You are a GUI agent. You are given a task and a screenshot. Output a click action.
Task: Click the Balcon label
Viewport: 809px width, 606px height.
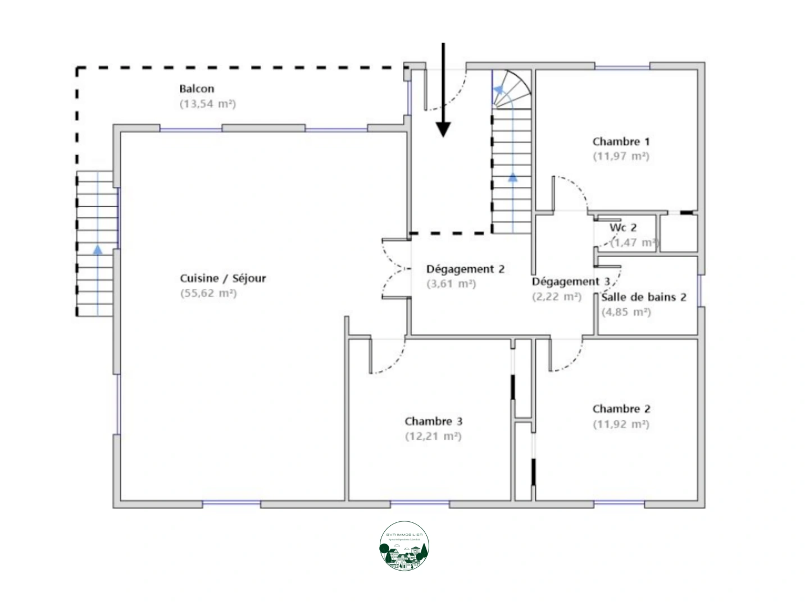[x=197, y=89]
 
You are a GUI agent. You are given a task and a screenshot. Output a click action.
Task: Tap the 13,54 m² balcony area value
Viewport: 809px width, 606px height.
[x=207, y=104]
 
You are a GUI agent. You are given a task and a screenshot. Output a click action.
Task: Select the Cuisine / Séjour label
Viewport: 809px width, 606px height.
[x=222, y=278]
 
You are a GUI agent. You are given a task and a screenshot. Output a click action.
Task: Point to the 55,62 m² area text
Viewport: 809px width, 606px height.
[x=208, y=293]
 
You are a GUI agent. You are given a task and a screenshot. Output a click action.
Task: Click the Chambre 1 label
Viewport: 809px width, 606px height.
[x=621, y=142]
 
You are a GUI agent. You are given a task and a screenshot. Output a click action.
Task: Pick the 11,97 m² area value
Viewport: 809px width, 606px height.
[x=621, y=157]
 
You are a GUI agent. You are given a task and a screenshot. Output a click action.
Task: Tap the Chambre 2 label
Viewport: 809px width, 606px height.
[x=621, y=409]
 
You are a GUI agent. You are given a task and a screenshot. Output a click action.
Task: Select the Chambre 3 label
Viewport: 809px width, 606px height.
[x=433, y=421]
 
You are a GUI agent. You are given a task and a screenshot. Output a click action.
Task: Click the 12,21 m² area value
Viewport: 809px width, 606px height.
[x=433, y=436]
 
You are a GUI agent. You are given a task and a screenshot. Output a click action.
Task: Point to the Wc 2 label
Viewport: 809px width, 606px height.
[x=623, y=228]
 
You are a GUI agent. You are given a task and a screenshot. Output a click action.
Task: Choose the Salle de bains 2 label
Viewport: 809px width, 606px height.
[x=644, y=297]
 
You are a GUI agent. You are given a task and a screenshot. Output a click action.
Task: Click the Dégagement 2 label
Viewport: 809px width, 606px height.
[x=465, y=269]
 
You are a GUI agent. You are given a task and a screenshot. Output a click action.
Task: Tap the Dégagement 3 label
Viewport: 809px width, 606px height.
[x=570, y=282]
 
